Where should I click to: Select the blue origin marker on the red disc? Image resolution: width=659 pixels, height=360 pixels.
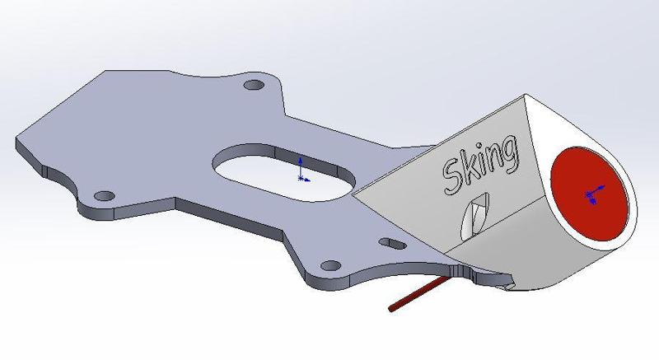point(590,195)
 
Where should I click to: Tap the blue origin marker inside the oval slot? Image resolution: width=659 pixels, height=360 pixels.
point(301,176)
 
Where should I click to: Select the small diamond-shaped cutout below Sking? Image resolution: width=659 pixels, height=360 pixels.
point(474,215)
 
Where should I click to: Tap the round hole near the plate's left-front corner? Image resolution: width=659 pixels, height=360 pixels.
point(104,196)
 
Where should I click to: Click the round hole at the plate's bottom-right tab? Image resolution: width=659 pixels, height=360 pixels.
point(329,265)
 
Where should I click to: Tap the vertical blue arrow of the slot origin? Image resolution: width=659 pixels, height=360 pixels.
point(301,163)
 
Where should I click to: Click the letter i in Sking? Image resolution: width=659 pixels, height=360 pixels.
point(485,163)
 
